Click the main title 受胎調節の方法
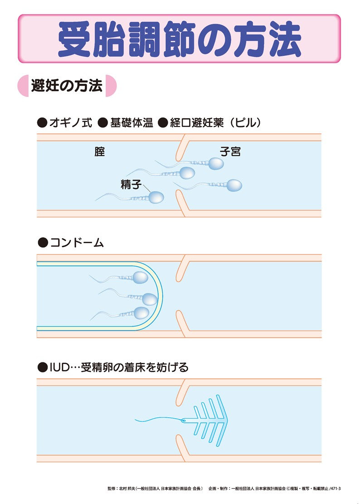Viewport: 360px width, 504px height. (180, 39)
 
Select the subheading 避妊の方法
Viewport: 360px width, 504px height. (67, 86)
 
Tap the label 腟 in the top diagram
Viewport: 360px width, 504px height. (100, 152)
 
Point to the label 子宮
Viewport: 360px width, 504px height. (230, 152)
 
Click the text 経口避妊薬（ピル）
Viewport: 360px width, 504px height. (215, 122)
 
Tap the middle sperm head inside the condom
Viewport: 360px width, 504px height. (150, 299)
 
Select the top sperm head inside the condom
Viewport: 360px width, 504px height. (140, 277)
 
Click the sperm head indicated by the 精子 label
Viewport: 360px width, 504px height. (156, 197)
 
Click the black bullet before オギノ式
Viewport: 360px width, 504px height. (42, 123)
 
